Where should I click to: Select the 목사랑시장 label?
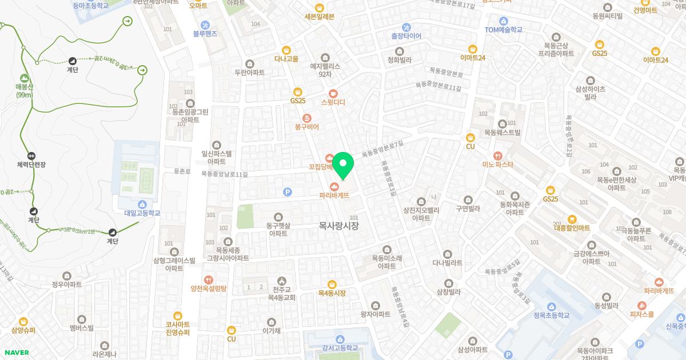(x=338, y=226)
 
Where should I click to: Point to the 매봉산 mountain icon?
(x=24, y=78)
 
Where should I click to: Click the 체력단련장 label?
(x=31, y=165)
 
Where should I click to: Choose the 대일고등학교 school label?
(x=142, y=213)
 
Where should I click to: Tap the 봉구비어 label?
(x=306, y=126)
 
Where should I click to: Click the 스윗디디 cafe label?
(x=333, y=102)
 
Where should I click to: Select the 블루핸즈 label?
(x=205, y=34)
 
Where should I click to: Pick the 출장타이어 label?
(x=406, y=35)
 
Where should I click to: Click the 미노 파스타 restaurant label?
(x=498, y=165)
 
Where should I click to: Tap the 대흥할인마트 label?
(x=571, y=228)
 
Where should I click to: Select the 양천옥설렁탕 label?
(x=209, y=289)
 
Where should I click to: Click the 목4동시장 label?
(x=332, y=293)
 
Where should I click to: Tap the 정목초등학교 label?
(x=551, y=315)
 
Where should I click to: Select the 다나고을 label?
(x=286, y=58)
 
